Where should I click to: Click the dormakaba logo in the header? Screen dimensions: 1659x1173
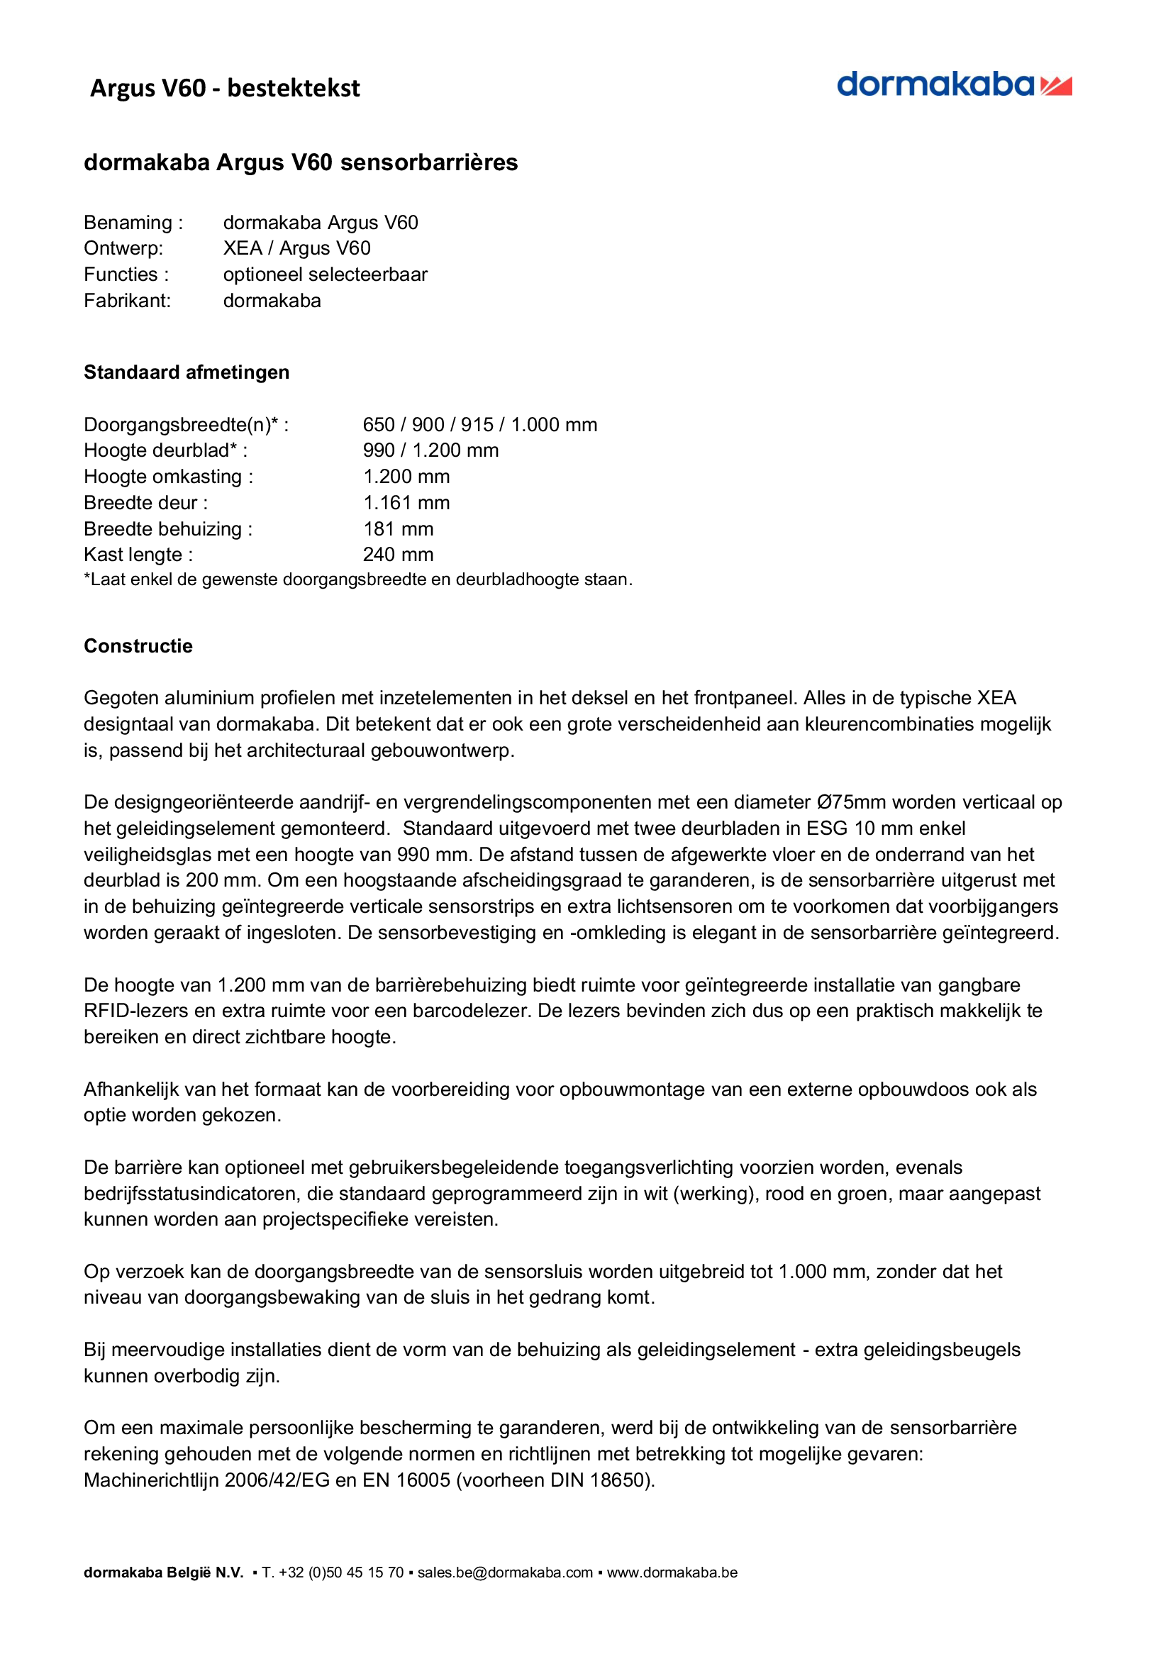pyautogui.click(x=953, y=85)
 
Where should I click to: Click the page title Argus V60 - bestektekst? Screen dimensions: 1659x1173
pyautogui.click(x=225, y=88)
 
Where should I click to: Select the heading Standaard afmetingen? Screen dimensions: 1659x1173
pyautogui.click(x=187, y=372)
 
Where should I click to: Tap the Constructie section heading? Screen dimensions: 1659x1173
pyautogui.click(x=138, y=645)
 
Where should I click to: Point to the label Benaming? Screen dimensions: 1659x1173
pyautogui.click(x=133, y=223)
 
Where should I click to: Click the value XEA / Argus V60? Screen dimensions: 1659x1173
pyautogui.click(x=296, y=248)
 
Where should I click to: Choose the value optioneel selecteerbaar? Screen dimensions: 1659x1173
pyautogui.click(x=325, y=274)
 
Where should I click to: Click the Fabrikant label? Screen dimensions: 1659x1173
pyautogui.click(x=127, y=301)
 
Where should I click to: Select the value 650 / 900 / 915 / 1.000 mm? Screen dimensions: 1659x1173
pyautogui.click(x=479, y=425)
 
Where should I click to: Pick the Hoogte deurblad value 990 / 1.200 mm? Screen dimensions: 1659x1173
pyautogui.click(x=430, y=451)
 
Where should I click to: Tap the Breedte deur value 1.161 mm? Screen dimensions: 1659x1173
pyautogui.click(x=406, y=503)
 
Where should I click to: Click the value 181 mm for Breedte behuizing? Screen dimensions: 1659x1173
pyautogui.click(x=398, y=529)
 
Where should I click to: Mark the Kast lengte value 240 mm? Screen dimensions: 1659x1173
pyautogui.click(x=398, y=555)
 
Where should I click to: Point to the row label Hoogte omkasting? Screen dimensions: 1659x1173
pyautogui.click(x=168, y=477)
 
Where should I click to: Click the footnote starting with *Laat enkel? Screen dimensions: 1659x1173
pyautogui.click(x=357, y=579)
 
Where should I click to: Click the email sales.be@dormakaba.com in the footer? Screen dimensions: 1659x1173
pyautogui.click(x=505, y=1573)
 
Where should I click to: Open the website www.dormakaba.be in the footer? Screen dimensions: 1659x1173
pyautogui.click(x=672, y=1573)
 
